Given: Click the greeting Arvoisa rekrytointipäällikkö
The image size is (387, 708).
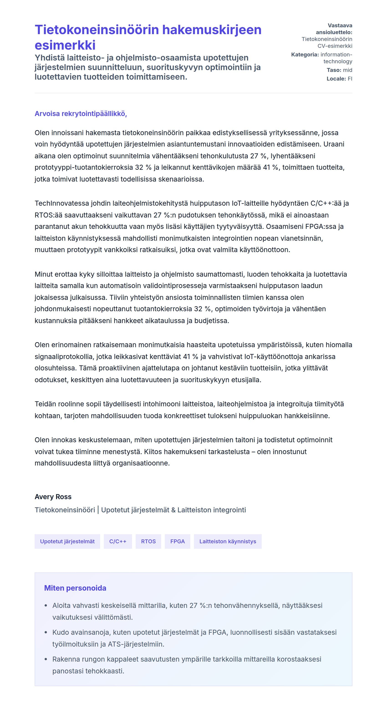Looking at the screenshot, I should (x=81, y=114).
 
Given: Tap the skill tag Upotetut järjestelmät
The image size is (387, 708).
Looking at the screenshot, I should (x=67, y=541).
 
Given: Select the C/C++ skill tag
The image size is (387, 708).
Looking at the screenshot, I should (x=118, y=541).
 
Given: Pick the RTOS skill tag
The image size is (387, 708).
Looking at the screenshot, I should (x=148, y=541).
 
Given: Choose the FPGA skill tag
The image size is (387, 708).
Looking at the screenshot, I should (x=177, y=541).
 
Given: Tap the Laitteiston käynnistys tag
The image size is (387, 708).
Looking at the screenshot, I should (x=227, y=541).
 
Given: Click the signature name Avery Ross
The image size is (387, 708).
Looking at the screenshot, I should (x=53, y=497).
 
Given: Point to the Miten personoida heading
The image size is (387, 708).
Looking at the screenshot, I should (x=75, y=588).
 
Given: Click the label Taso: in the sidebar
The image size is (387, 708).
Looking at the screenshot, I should (x=334, y=70).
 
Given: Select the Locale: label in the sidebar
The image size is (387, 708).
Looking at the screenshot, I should (x=336, y=79).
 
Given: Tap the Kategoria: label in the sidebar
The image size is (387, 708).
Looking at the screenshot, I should (x=305, y=55).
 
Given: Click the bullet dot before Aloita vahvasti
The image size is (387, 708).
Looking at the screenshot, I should (x=46, y=605).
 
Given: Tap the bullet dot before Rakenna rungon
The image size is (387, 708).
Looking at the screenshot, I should (x=46, y=659).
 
